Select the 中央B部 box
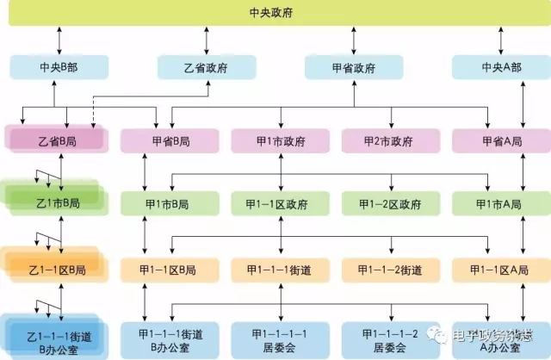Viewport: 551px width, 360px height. pos(59,67)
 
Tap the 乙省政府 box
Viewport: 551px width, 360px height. pos(207,67)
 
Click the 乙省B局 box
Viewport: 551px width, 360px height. pos(57,139)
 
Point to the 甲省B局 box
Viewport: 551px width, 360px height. pos(169,140)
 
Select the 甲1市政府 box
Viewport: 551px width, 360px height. pos(281,140)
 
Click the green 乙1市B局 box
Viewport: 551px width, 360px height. pos(55,202)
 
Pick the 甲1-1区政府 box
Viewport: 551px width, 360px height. pos(281,204)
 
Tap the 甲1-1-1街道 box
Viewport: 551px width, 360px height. pos(281,270)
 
